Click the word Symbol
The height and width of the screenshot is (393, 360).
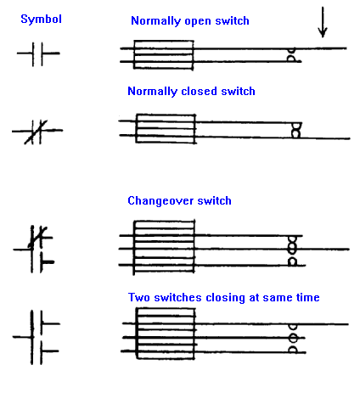coord(41,20)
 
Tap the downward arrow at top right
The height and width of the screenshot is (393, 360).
coord(323,22)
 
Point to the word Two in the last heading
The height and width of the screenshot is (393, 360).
coord(139,297)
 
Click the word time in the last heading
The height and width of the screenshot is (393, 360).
coord(308,297)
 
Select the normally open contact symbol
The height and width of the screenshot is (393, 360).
coord(38,53)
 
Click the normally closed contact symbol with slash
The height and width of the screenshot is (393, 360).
coord(37,132)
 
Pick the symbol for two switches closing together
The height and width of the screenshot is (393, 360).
coord(36,337)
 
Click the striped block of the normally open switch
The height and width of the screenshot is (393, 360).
coord(164,55)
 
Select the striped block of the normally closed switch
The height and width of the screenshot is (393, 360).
coord(166,129)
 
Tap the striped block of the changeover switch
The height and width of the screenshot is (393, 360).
coord(164,247)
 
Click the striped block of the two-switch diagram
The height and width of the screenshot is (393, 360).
coord(166,334)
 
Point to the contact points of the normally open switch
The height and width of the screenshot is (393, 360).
coord(291,55)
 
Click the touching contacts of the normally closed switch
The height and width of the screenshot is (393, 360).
coord(295,131)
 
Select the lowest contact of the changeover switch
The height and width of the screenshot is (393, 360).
coord(292,261)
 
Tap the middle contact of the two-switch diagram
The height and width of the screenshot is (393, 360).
coord(293,338)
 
